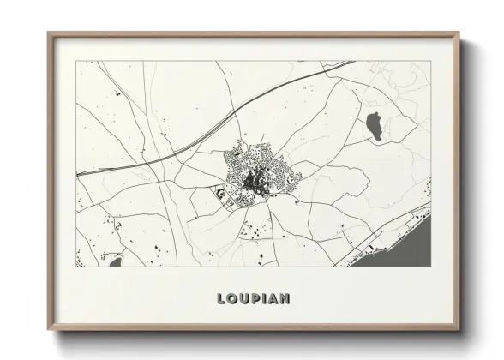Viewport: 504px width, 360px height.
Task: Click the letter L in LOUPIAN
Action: pos(221,299)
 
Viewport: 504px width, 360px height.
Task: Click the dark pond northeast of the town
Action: pos(374,125)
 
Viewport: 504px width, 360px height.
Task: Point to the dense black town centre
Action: pos(253,180)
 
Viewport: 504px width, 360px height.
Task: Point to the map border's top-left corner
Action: pos(76,62)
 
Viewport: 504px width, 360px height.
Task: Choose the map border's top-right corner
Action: pos(432,62)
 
